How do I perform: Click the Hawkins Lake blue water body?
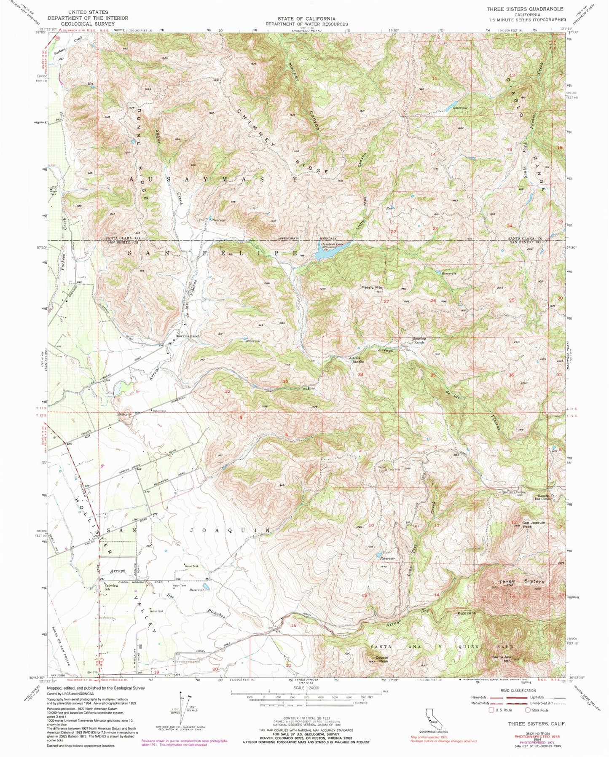click(324, 253)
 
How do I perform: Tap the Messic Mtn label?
click(371, 287)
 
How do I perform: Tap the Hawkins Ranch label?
click(187, 336)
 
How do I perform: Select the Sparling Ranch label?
click(419, 340)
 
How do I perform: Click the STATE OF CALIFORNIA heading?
click(306, 19)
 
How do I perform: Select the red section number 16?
click(293, 625)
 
